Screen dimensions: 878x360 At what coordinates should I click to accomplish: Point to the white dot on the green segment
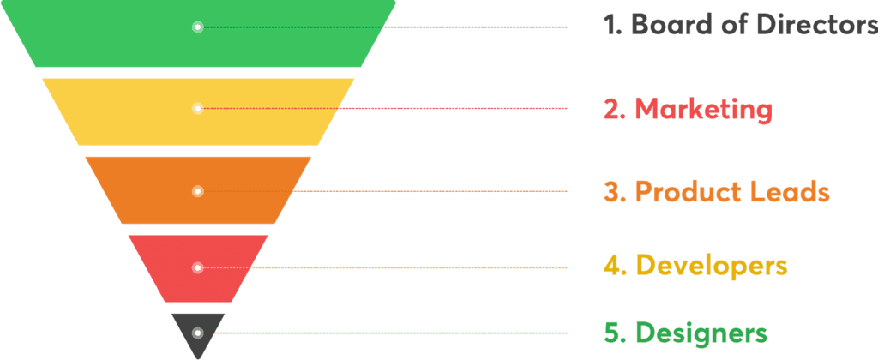197,27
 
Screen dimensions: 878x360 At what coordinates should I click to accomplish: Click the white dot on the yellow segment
197,108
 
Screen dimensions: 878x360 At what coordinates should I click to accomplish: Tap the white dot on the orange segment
197,191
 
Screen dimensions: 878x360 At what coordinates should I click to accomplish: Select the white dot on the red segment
197,268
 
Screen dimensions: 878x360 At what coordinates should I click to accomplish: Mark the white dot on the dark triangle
197,333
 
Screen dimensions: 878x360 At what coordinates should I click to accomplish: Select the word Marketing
703,109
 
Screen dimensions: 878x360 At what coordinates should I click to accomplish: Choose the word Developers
712,266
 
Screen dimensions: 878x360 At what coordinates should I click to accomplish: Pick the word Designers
702,332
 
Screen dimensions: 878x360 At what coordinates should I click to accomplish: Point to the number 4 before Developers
612,266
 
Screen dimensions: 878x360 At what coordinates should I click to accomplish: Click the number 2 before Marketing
612,109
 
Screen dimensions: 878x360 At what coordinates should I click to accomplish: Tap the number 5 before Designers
612,332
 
